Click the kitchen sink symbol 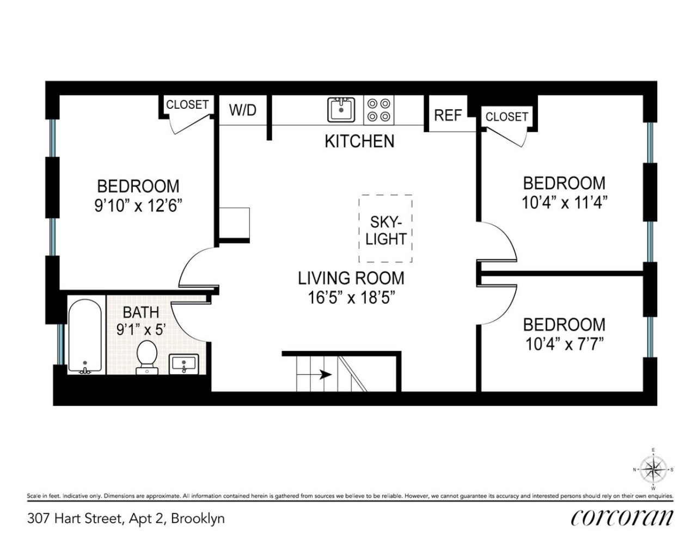tap(341, 110)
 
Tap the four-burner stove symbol tap(378, 110)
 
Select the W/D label tap(242, 110)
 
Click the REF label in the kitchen tap(448, 115)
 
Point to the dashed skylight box tap(385, 229)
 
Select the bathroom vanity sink tap(184, 363)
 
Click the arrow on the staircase tap(325, 374)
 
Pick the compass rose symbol tap(653, 468)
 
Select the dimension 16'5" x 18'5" tap(351, 298)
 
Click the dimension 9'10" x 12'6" tap(138, 206)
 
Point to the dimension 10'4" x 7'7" tap(564, 344)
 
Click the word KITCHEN tap(359, 141)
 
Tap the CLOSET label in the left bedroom tap(187, 104)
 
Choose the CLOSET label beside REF tap(506, 116)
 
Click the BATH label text tap(141, 312)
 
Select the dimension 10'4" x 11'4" tap(564, 203)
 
